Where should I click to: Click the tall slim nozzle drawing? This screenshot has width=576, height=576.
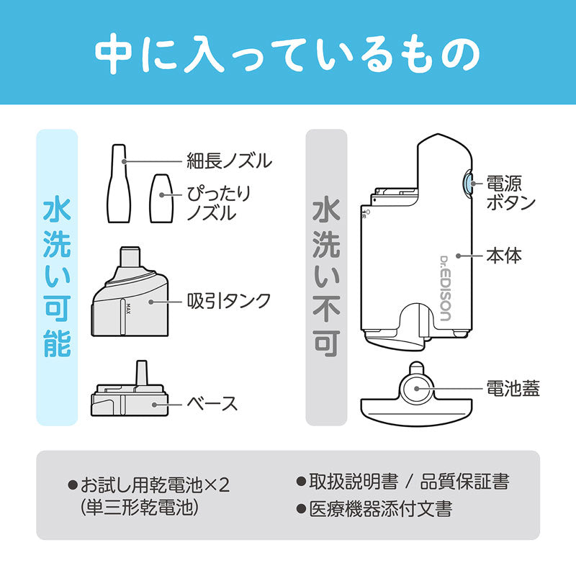[118, 186]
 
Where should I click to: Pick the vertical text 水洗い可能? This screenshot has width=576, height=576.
[57, 277]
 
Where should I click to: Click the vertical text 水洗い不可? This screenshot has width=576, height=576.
[326, 277]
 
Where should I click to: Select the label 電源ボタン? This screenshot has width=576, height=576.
[510, 192]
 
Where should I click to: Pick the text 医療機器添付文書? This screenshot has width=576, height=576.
[381, 509]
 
